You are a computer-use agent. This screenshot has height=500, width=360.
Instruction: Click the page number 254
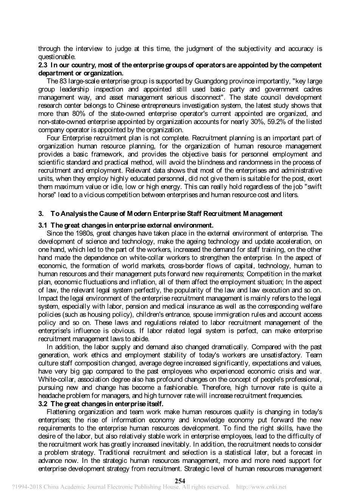click(x=180, y=480)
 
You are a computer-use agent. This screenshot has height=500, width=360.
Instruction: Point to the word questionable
click(x=57, y=57)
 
